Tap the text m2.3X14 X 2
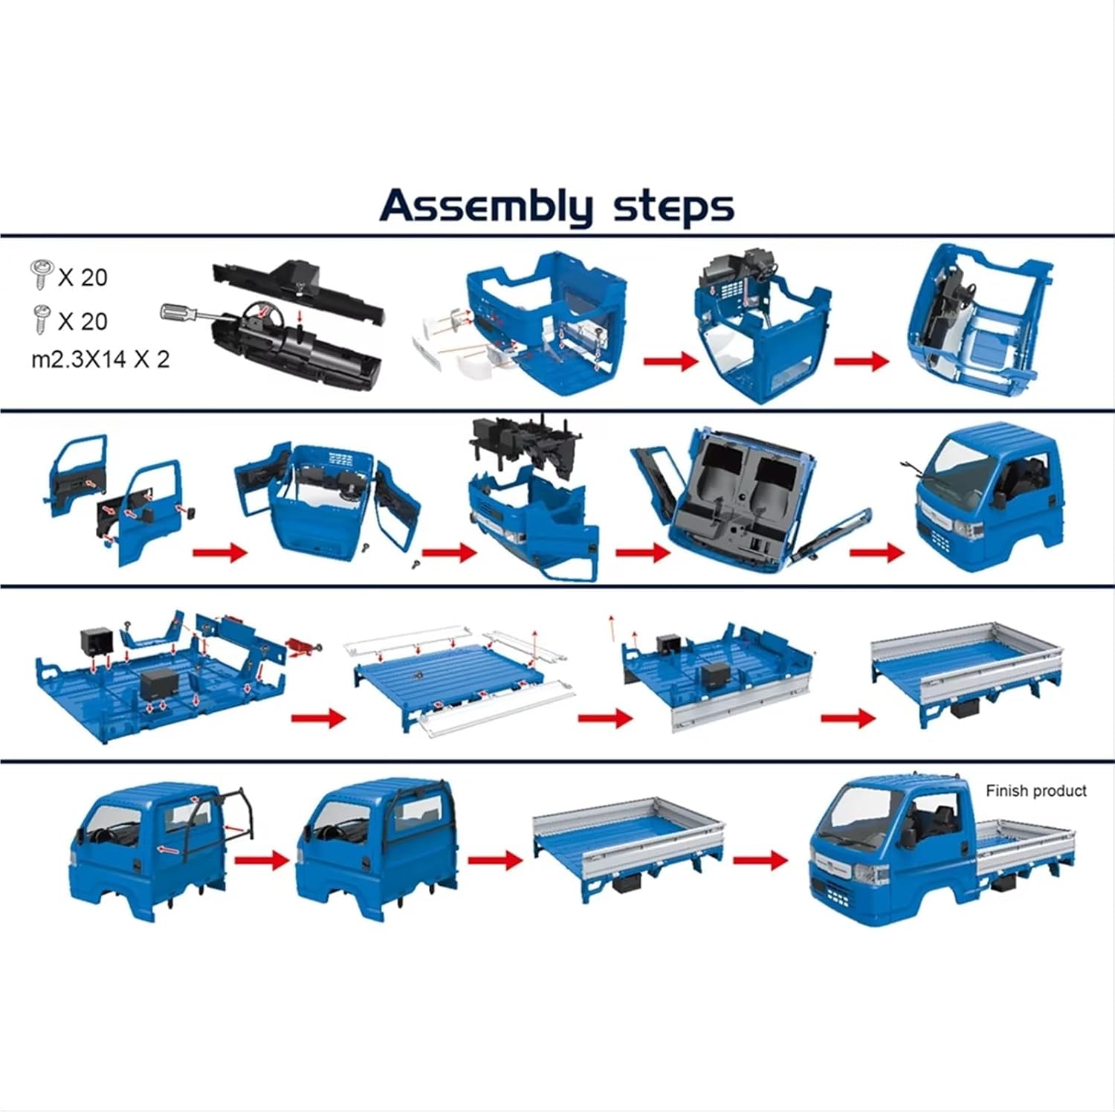coord(100,359)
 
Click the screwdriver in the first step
coord(186,312)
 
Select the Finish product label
coord(1035,791)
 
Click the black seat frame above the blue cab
coord(520,443)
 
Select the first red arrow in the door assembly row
coord(219,553)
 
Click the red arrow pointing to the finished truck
coord(760,860)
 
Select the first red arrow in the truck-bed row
coord(318,718)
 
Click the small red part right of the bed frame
coord(301,646)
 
